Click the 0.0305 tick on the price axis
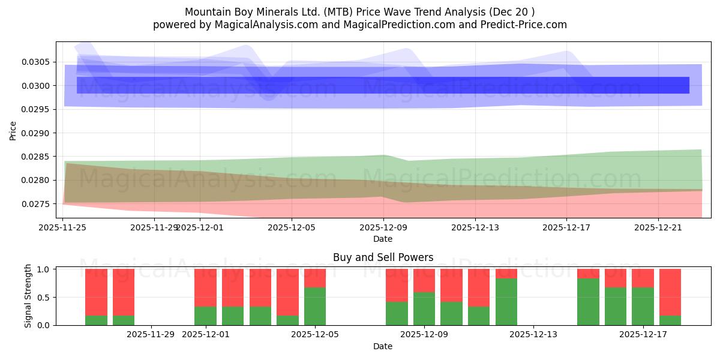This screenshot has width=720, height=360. coord(37,62)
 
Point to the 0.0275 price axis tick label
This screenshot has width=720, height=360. coord(37,204)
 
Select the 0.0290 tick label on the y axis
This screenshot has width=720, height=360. coord(37,133)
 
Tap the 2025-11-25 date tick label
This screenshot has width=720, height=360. coord(63,227)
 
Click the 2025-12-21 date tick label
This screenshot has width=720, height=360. coord(658,227)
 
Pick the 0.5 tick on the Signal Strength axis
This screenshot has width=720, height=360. coord(44,298)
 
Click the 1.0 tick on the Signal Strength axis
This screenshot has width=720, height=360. coord(44,269)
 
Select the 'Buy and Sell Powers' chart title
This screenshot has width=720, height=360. coord(383,257)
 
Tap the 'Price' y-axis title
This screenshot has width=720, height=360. coord(13,130)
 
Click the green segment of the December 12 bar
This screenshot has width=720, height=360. coord(506,302)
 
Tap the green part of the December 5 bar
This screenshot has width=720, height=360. coord(315,306)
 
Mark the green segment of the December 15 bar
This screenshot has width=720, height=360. coord(588,302)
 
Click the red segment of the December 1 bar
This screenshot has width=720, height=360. coord(205,288)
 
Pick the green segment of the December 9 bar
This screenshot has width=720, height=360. coord(424,308)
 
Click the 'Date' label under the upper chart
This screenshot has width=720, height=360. coord(383,239)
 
